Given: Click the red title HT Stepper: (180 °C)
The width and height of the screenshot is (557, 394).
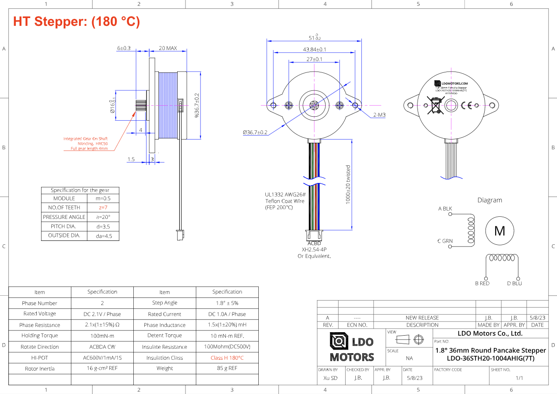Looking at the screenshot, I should click(77, 21).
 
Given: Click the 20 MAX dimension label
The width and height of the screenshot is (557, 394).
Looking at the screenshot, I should click(168, 48).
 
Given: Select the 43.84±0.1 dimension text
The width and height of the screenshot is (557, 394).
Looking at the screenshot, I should click(314, 49).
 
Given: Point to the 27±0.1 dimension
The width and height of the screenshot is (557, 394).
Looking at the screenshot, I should click(314, 59).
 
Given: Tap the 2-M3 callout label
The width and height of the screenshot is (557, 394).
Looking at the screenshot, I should click(379, 115).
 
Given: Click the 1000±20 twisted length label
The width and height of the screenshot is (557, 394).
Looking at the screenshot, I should click(348, 185).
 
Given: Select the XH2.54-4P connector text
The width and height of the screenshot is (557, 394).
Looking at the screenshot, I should click(314, 250).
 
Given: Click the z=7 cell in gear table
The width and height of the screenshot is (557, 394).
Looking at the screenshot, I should click(103, 208).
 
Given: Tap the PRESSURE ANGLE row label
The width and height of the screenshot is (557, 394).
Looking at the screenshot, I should click(64, 217).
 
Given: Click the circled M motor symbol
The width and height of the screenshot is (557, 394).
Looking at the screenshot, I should click(500, 231).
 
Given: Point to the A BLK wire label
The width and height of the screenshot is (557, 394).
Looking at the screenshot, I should click(445, 209).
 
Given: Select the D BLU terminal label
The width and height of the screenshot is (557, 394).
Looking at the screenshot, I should click(514, 283).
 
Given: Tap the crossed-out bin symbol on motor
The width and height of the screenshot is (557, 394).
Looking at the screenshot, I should click(436, 105).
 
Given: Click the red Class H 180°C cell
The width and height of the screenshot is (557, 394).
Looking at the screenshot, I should click(227, 358).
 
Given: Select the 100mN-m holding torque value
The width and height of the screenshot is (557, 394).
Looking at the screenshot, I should click(102, 336).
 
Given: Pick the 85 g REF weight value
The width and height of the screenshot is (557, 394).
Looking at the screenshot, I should click(227, 369).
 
